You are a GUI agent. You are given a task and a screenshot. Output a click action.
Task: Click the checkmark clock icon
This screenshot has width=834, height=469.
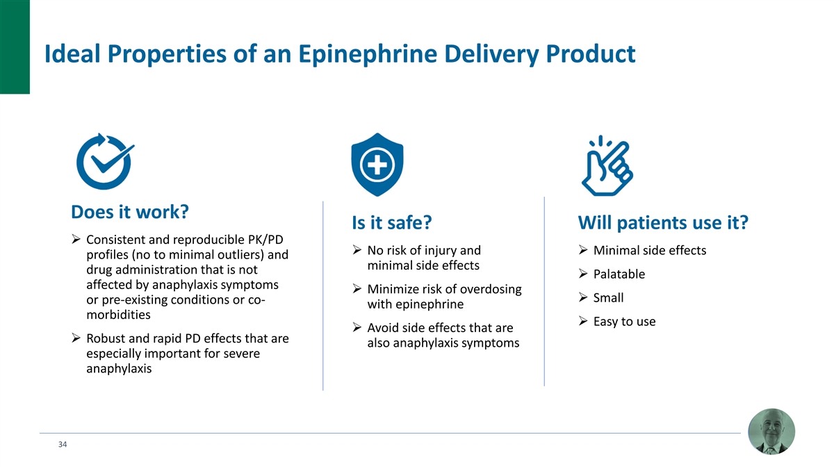pos(104,161)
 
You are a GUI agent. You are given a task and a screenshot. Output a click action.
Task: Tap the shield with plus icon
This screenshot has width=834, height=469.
pos(378,165)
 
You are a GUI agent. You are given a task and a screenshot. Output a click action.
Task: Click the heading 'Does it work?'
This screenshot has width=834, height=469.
pos(131,211)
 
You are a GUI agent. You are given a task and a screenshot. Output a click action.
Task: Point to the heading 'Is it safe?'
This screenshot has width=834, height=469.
pos(393,223)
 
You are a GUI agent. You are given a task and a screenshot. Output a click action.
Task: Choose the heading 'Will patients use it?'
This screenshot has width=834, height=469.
pos(662,223)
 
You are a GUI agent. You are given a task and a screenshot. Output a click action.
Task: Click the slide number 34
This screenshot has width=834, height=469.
pos(63,444)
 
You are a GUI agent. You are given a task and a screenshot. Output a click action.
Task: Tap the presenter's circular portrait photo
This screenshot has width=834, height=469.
pos(771,431)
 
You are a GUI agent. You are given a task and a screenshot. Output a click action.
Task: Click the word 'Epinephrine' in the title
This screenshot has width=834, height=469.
pos(343,54)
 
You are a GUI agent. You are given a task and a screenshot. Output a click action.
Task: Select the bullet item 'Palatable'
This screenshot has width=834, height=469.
pos(619,274)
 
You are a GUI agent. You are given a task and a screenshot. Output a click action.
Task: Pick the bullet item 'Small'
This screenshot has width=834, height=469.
pos(608,298)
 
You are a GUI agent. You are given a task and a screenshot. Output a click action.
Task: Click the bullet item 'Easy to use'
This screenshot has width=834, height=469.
pos(624,322)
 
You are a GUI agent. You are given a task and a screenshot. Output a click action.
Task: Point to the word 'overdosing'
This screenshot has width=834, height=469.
pos(491,289)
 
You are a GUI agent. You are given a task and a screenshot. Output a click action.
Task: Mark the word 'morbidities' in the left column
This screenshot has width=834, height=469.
pos(118,315)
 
